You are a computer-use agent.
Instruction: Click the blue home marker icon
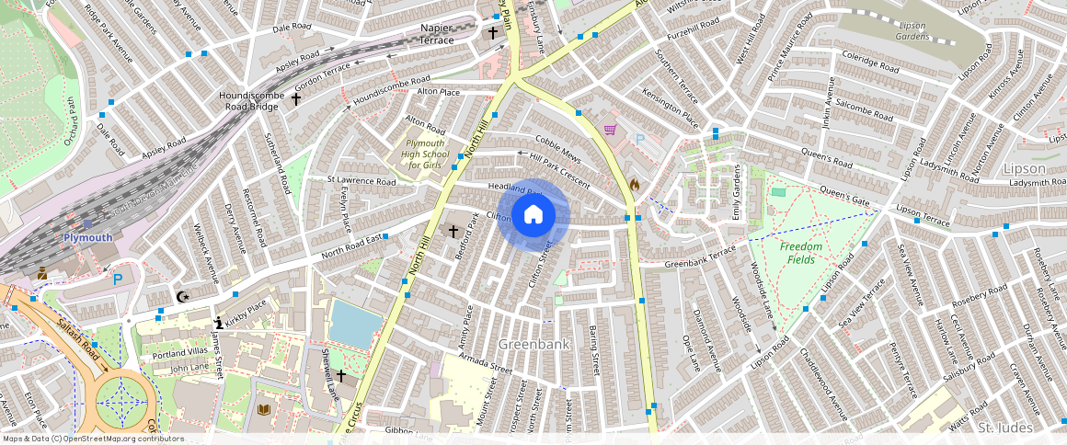(533, 215)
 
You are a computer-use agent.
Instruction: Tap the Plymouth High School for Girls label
(425, 154)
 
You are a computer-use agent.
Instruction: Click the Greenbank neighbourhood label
(533, 344)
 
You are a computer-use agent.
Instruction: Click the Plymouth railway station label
(87, 237)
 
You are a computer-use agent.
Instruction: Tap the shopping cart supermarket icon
(609, 131)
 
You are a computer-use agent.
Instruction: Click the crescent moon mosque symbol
(182, 296)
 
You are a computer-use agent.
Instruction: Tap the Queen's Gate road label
(843, 197)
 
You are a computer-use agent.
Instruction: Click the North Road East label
(350, 249)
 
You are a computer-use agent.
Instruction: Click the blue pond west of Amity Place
(355, 323)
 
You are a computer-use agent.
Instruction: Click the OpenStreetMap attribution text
(92, 439)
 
